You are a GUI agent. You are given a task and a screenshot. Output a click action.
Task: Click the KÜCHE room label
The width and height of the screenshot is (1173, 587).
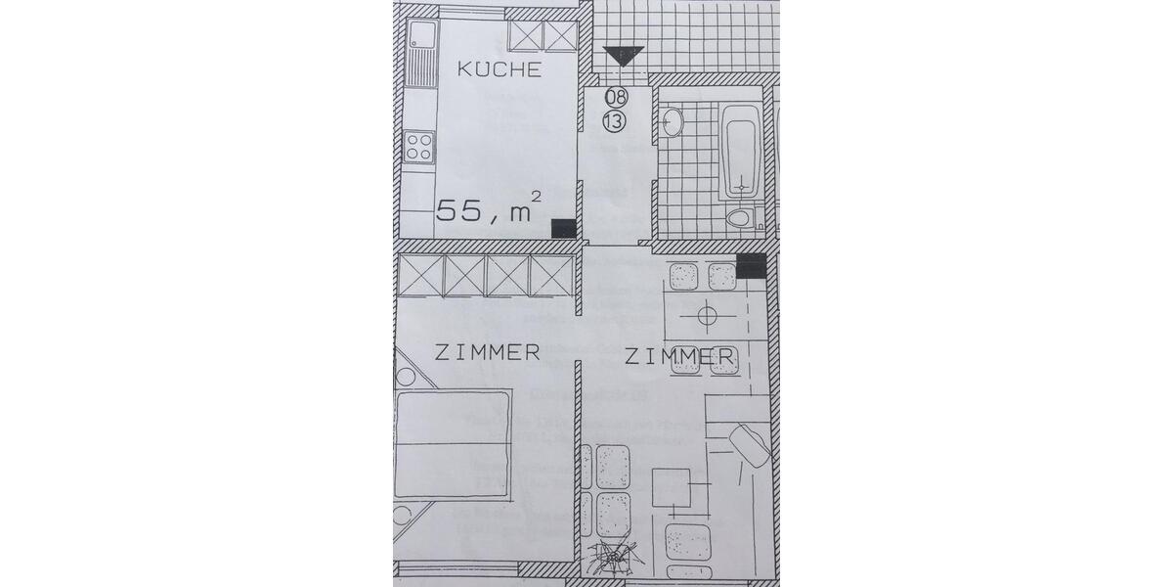(500, 69)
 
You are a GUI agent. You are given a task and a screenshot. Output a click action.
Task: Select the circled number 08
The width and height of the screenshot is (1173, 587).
(616, 97)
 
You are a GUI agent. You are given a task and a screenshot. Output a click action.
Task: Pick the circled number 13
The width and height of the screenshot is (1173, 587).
(615, 121)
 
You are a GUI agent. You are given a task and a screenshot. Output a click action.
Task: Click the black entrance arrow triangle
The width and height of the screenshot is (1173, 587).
(620, 56)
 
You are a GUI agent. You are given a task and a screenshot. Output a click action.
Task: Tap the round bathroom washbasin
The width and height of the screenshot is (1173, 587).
(673, 122)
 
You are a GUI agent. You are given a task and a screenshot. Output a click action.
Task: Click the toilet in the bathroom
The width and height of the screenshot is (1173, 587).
(741, 217)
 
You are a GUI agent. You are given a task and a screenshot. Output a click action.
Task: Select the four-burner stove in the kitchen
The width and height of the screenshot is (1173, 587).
(419, 147)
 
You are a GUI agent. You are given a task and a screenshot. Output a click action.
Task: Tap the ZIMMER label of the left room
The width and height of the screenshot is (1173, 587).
(487, 352)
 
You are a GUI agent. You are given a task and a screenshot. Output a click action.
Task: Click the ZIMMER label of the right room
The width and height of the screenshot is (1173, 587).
(679, 358)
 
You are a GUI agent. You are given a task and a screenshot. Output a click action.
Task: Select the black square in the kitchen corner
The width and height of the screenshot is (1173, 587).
(564, 228)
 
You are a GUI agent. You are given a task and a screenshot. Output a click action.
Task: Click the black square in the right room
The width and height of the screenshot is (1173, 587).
(751, 265)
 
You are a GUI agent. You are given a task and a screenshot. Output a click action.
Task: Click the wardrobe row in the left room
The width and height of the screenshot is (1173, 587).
(485, 274)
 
